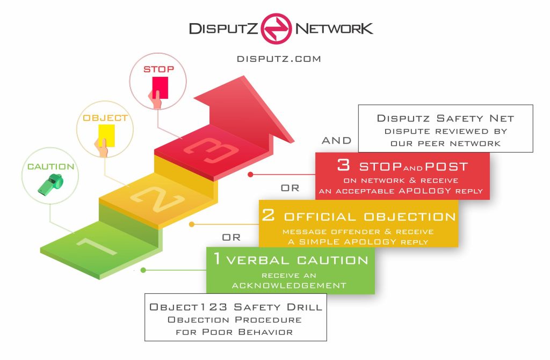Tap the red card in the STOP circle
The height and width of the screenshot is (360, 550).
(x=160, y=88)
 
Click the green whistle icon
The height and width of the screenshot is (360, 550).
(x=50, y=183)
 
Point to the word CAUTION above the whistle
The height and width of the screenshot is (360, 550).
(x=50, y=167)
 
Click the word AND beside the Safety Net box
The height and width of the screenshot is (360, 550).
(x=336, y=141)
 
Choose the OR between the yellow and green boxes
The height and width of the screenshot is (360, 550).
(x=231, y=237)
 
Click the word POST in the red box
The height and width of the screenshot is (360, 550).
(x=444, y=166)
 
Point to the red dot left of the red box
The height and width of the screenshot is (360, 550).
(x=250, y=175)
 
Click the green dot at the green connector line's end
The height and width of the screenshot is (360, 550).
(x=143, y=270)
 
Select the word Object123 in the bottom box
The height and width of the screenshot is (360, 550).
(x=182, y=307)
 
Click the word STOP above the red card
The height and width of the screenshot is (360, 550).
(x=158, y=69)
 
